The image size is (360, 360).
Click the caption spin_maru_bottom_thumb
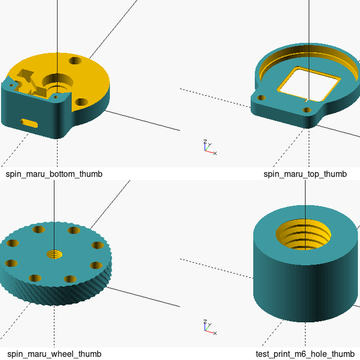pos(54,174)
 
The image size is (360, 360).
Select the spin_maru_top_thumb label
pos(305,174)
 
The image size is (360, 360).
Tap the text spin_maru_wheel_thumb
pos(53,354)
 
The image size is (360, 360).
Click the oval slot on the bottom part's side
pos(29,123)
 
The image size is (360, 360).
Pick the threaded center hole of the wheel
pos(55,254)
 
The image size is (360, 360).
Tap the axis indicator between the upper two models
pos(208,148)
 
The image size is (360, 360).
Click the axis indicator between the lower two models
pos(208,328)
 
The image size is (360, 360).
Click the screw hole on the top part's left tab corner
pos(261,96)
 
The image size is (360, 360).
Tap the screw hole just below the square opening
pos(307,110)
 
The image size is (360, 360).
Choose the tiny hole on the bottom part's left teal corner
pos(10,85)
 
